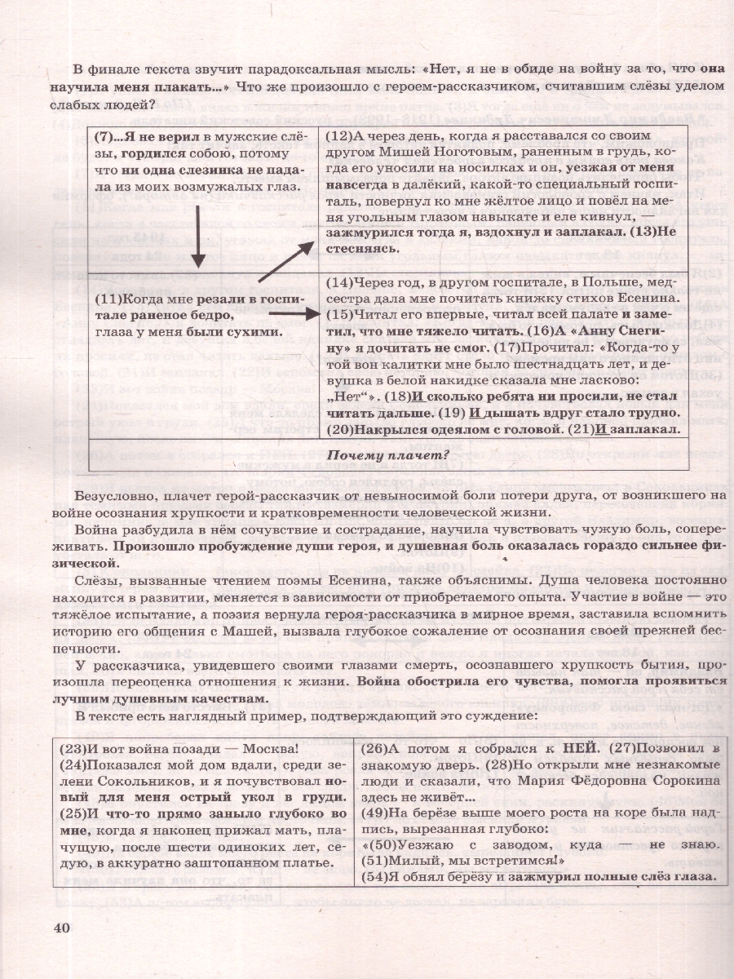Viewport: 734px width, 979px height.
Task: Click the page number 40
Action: pyautogui.click(x=63, y=926)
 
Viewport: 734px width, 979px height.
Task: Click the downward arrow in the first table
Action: pyautogui.click(x=198, y=241)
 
